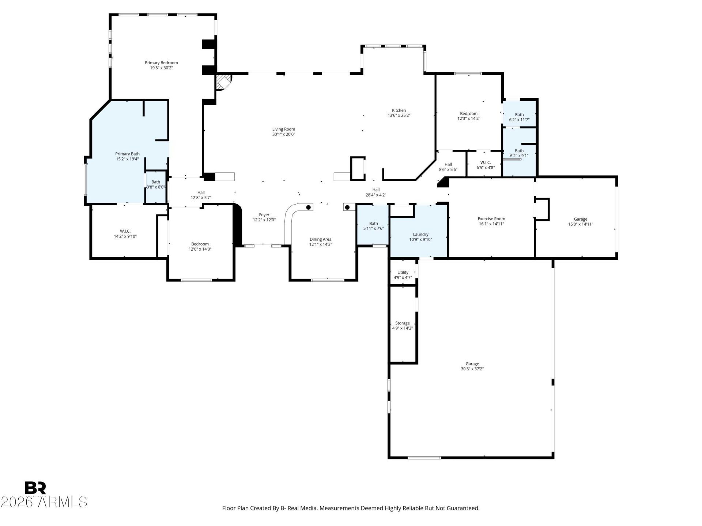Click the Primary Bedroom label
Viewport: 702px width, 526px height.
click(161, 63)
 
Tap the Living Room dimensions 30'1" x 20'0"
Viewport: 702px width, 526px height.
click(283, 134)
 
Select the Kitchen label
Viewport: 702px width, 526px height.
click(399, 110)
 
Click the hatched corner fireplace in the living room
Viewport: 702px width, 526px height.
click(223, 82)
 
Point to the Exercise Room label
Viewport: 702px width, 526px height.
click(491, 219)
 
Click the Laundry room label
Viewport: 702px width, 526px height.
click(420, 235)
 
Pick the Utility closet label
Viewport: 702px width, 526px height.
click(403, 272)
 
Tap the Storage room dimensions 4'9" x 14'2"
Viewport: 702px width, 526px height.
click(402, 328)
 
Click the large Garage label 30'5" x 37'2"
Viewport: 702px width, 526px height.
click(472, 364)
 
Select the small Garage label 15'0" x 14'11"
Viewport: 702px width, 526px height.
click(580, 219)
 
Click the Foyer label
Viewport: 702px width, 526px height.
click(264, 215)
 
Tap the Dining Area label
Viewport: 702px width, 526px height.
click(320, 239)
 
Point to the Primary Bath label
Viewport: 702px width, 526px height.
click(127, 154)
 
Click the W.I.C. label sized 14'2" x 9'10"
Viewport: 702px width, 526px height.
click(125, 231)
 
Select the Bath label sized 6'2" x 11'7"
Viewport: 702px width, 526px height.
click(519, 115)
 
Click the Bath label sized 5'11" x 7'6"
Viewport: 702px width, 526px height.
click(373, 224)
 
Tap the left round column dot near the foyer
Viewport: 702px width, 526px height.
click(309, 207)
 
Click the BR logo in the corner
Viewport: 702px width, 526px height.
click(35, 488)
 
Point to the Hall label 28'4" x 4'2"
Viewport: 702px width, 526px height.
click(376, 190)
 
